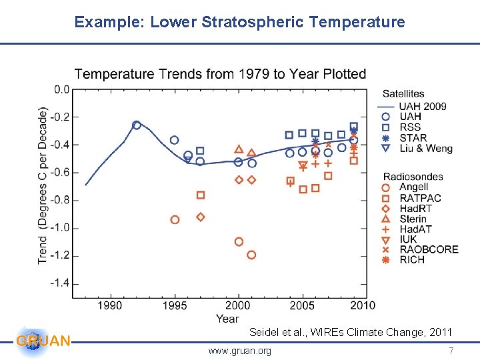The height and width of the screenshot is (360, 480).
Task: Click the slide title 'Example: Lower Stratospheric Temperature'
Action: coord(239,22)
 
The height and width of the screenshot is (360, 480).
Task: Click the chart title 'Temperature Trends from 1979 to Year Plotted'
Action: coord(220,73)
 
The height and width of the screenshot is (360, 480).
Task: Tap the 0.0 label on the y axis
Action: coord(61,89)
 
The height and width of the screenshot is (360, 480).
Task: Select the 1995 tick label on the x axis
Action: coord(175,305)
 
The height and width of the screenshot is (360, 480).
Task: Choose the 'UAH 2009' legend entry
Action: coord(422,106)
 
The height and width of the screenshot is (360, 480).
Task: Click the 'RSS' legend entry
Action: coord(409,127)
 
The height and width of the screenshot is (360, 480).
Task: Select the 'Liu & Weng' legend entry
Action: coord(425,148)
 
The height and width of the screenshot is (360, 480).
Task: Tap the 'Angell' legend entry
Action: coord(413,187)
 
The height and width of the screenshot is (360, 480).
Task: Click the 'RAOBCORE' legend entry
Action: coord(429,249)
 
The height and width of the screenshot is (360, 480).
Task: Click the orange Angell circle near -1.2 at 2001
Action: coord(251,255)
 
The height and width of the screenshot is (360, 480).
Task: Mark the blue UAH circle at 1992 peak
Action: coord(137,125)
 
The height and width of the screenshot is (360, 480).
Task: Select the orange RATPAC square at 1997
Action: coord(201,195)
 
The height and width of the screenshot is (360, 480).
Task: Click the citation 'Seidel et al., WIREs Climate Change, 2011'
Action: coord(350,332)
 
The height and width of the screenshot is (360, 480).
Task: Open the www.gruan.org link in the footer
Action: coord(239,351)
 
